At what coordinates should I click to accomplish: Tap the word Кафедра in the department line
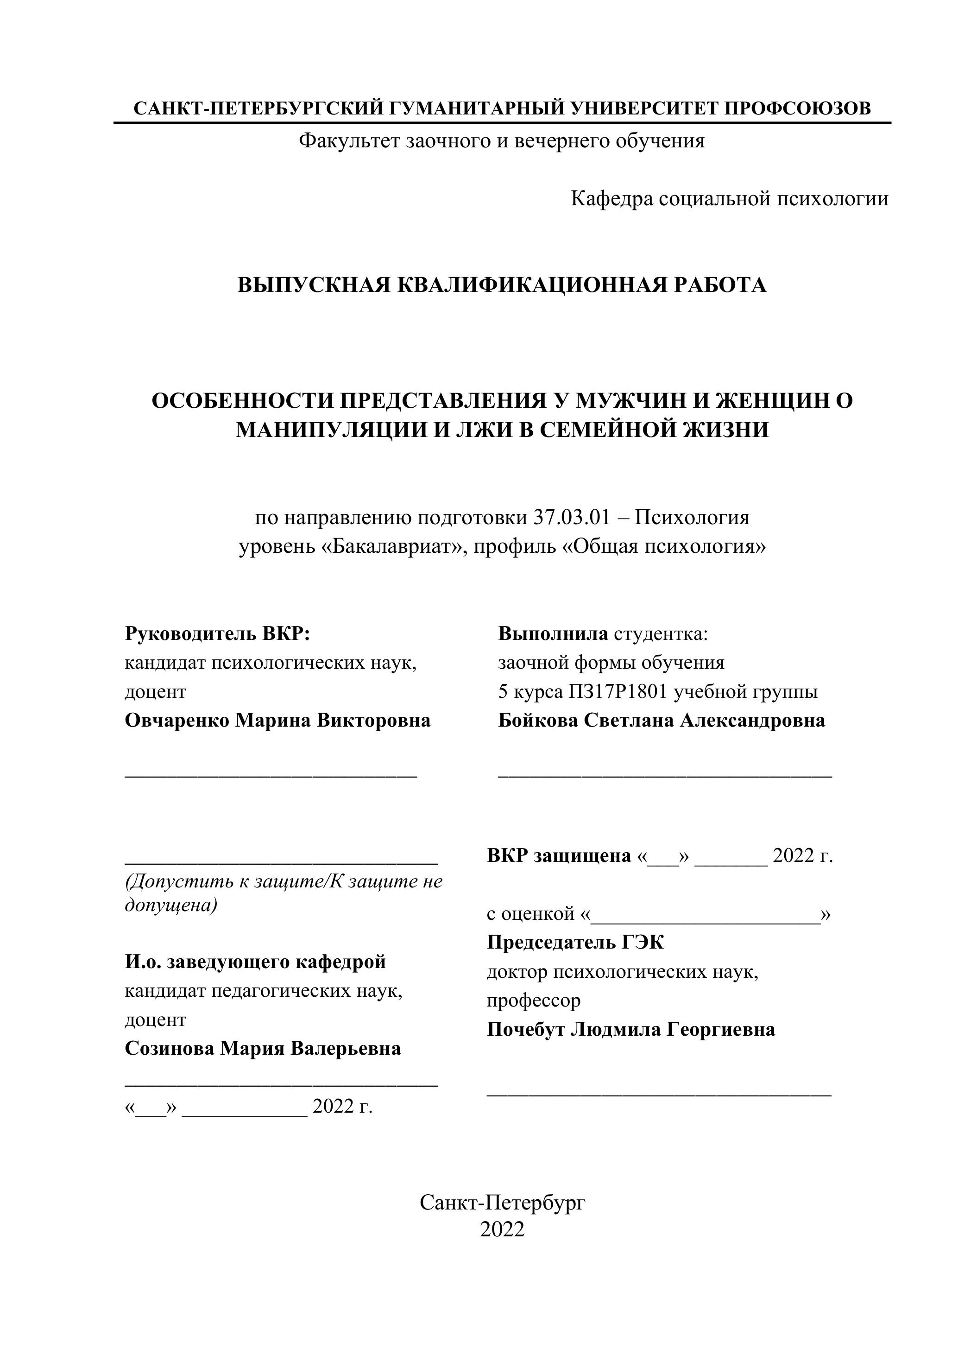point(612,198)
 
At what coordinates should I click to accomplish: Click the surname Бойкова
point(537,720)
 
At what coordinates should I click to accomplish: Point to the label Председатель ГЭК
point(575,943)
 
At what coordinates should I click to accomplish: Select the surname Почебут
point(524,1029)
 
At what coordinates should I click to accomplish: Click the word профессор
point(533,1000)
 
